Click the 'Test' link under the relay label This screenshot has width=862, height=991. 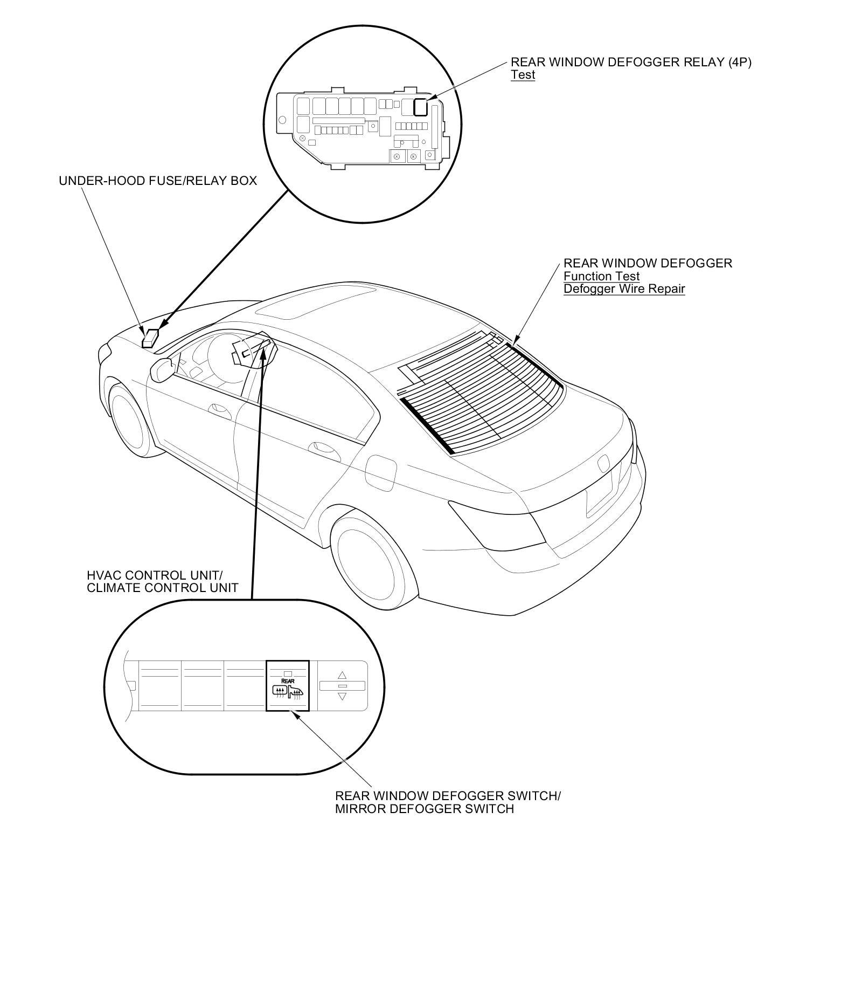pos(523,75)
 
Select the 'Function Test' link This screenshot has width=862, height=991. pos(601,276)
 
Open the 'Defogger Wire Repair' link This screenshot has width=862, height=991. pos(624,289)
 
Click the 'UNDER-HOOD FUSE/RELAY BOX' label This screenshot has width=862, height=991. pos(158,181)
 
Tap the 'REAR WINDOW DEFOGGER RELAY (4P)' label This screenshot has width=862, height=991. pos(631,62)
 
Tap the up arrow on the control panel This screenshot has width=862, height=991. pos(342,675)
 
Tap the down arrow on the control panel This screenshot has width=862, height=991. pos(342,697)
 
